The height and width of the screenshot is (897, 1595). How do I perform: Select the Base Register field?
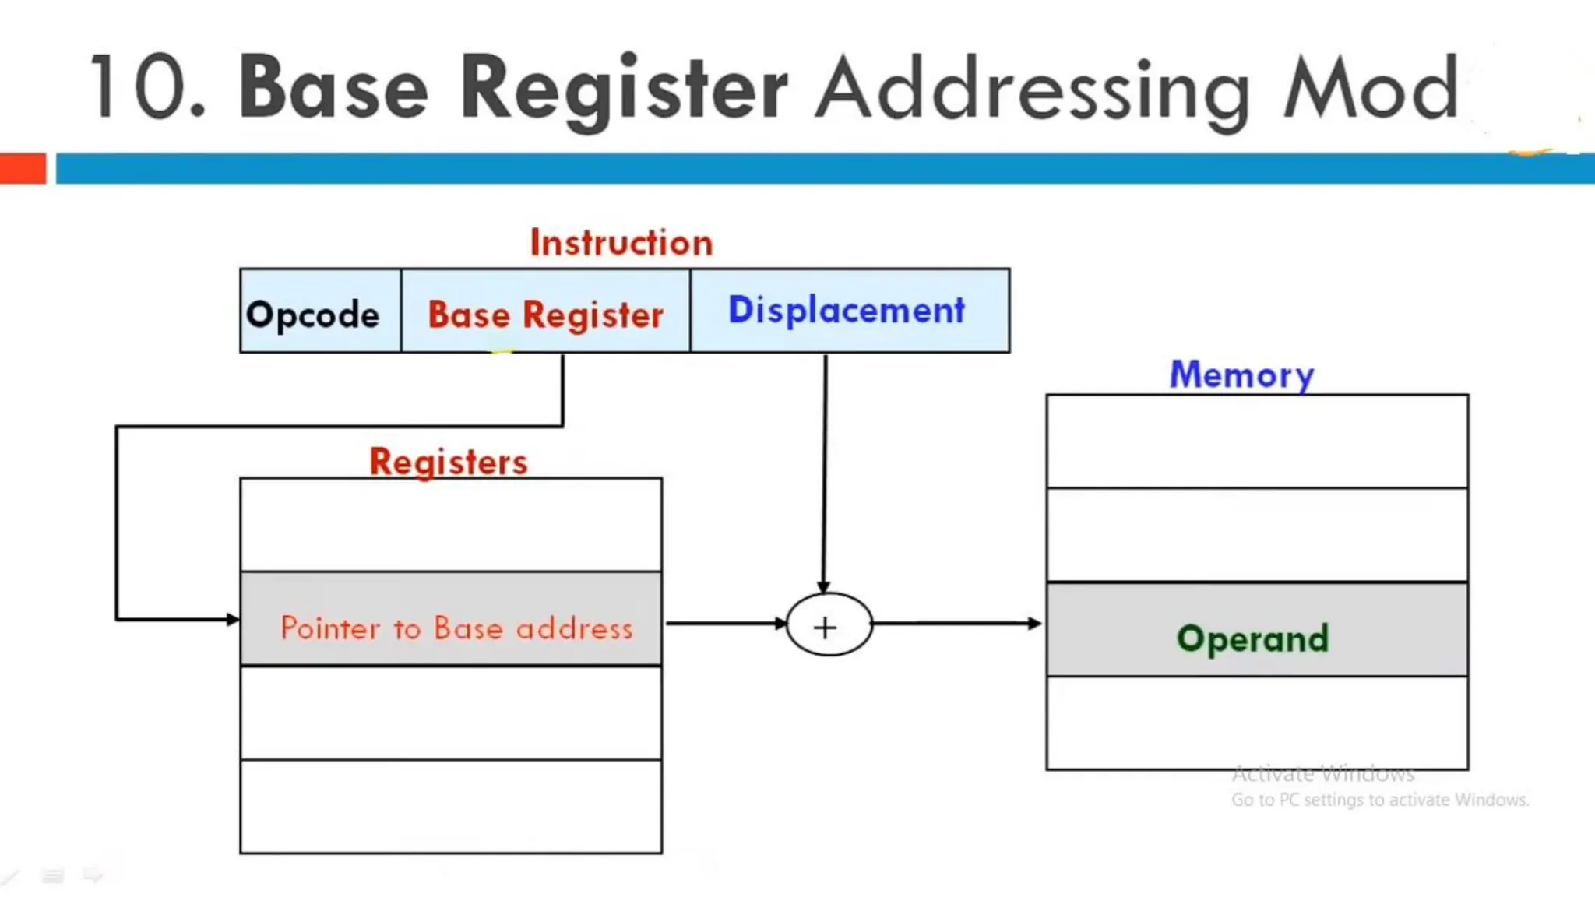545,312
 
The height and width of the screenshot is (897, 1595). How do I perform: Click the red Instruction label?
621,243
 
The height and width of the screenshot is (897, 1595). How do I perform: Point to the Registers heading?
449,462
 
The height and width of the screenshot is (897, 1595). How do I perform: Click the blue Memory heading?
1242,375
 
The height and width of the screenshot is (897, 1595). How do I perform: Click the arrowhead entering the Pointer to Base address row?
232,620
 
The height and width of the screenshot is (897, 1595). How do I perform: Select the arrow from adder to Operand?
958,623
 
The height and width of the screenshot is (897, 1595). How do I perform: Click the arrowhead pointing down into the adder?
823,587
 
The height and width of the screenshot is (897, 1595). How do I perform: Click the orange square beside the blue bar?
23,168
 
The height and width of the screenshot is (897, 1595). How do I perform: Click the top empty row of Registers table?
452,526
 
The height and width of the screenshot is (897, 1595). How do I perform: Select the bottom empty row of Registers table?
452,807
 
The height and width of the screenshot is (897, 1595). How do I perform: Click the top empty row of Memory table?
1256,442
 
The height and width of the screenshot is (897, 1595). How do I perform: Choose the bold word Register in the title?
624,89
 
